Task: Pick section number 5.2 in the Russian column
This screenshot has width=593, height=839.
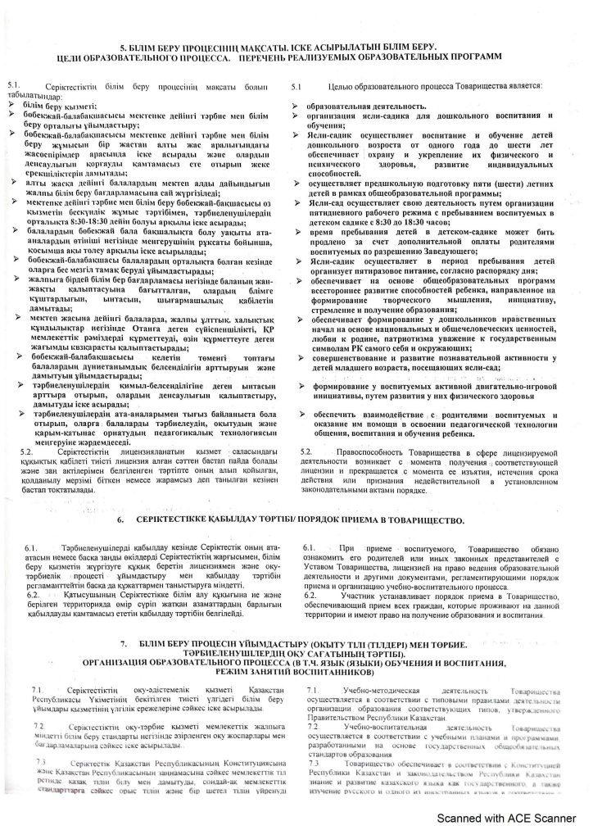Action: click(x=307, y=451)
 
